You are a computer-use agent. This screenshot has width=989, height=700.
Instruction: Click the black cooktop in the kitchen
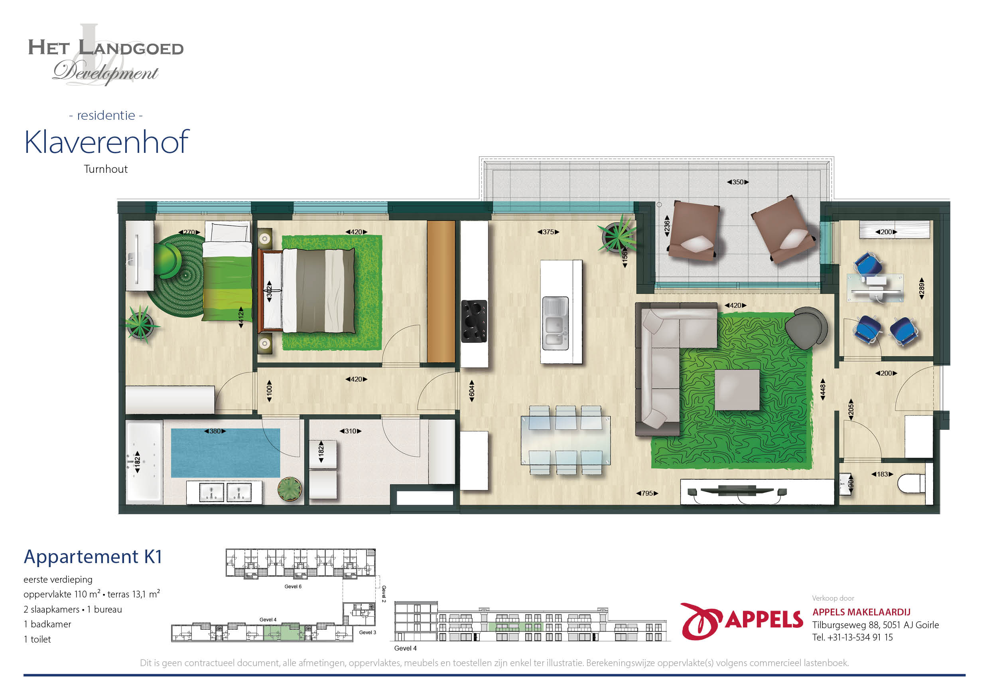click(x=474, y=321)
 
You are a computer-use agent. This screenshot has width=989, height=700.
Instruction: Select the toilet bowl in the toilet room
click(x=910, y=483)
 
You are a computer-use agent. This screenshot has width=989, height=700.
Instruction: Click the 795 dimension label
click(x=647, y=493)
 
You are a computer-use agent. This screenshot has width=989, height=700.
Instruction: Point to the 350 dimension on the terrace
click(x=738, y=182)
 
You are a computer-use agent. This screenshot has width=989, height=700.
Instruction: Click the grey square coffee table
click(x=737, y=390)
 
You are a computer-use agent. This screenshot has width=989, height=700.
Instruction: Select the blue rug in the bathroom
click(x=225, y=453)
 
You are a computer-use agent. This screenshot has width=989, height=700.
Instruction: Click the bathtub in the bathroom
click(x=144, y=462)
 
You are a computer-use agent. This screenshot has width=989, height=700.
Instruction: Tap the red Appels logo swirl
click(x=701, y=621)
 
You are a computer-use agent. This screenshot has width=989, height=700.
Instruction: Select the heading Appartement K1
click(x=93, y=556)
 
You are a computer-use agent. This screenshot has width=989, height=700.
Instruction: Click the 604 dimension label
click(x=472, y=391)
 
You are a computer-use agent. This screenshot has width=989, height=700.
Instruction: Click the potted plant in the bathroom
click(x=290, y=489)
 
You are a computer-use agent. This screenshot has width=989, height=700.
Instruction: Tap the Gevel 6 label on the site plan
click(x=293, y=586)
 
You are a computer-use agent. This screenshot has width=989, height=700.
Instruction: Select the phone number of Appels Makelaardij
click(x=853, y=637)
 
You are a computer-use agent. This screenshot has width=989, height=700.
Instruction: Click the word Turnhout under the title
click(x=106, y=169)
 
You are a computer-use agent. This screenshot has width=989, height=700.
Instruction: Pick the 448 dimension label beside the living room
click(x=822, y=389)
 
